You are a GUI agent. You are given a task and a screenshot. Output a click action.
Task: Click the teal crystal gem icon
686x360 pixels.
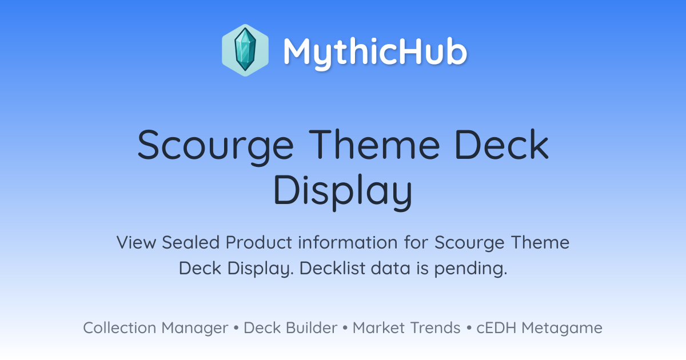tap(245, 50)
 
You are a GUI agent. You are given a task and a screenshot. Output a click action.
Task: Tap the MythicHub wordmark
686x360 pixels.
tap(375, 53)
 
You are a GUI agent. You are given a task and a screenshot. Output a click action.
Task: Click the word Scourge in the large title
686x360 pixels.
tap(216, 147)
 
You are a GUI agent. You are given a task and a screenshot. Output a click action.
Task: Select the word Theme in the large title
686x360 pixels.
tap(374, 144)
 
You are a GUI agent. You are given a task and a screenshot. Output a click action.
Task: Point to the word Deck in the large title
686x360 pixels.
tap(502, 144)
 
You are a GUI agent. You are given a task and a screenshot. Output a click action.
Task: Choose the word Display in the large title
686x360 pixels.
tap(343, 192)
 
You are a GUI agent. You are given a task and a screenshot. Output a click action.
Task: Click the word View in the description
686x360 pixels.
tap(136, 242)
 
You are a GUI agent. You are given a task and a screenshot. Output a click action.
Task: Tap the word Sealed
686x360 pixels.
tap(190, 242)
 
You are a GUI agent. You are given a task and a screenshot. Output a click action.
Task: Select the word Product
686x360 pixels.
tap(259, 242)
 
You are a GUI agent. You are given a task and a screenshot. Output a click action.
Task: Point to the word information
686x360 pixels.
tap(348, 242)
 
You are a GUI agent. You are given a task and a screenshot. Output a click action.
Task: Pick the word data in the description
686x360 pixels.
tap(390, 268)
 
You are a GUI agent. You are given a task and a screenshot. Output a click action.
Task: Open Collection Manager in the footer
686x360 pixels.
tap(155, 328)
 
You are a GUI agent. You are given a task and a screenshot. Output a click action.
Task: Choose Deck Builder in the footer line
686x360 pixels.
tap(290, 328)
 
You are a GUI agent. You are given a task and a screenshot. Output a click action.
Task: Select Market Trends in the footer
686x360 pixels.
tap(406, 328)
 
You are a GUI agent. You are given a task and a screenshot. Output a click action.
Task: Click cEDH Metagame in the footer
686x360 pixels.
tap(539, 329)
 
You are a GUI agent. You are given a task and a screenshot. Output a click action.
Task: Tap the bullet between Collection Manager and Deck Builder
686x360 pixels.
tap(236, 328)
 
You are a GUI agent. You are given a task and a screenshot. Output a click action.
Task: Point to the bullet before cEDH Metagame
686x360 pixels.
tap(469, 328)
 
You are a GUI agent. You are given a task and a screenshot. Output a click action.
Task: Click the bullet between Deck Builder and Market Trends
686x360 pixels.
tap(345, 328)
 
